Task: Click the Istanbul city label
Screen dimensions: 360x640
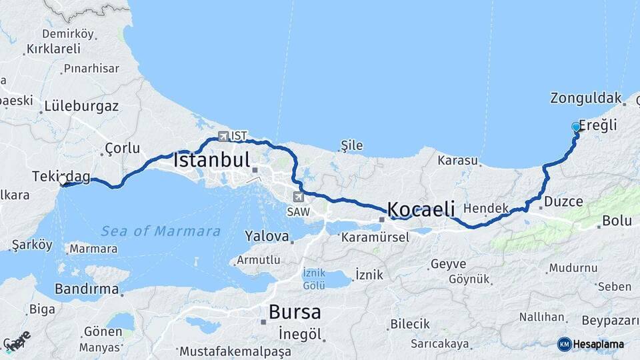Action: [x=212, y=160]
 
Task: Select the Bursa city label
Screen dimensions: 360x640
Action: [x=295, y=311]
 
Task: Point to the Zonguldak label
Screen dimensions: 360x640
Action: [x=586, y=98]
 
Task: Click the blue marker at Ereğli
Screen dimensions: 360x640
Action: [x=576, y=127]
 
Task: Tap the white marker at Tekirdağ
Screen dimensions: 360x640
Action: [x=63, y=180]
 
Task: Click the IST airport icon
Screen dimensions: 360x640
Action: [x=223, y=136]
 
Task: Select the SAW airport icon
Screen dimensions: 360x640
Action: [x=299, y=197]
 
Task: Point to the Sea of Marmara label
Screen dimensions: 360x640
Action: [x=161, y=231]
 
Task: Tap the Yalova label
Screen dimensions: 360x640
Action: [x=267, y=236]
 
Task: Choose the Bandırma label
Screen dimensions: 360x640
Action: [x=87, y=289]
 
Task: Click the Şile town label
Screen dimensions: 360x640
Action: [x=351, y=145]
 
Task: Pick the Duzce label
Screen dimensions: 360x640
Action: [x=563, y=201]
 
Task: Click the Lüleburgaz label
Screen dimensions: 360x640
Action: [x=81, y=106]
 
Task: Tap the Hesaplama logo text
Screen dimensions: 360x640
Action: [x=597, y=344]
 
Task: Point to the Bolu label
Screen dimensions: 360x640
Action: [x=616, y=221]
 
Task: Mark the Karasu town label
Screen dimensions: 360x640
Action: [x=458, y=161]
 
